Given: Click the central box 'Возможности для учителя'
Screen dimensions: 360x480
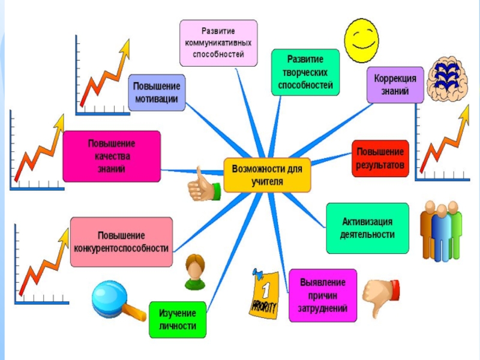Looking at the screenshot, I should (268, 175).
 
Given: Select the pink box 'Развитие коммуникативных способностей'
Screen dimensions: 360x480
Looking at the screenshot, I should (218, 43).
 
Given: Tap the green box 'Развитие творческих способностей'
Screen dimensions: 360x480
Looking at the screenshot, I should (305, 73).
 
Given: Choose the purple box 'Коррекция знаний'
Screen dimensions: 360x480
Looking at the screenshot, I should (395, 85).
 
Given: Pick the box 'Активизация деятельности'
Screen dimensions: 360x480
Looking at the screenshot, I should (367, 228).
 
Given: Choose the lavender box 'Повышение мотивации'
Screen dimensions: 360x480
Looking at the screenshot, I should (156, 92).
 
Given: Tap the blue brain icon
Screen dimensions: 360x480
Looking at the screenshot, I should (447, 79).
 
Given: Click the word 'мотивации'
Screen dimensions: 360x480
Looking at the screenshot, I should (156, 99).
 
